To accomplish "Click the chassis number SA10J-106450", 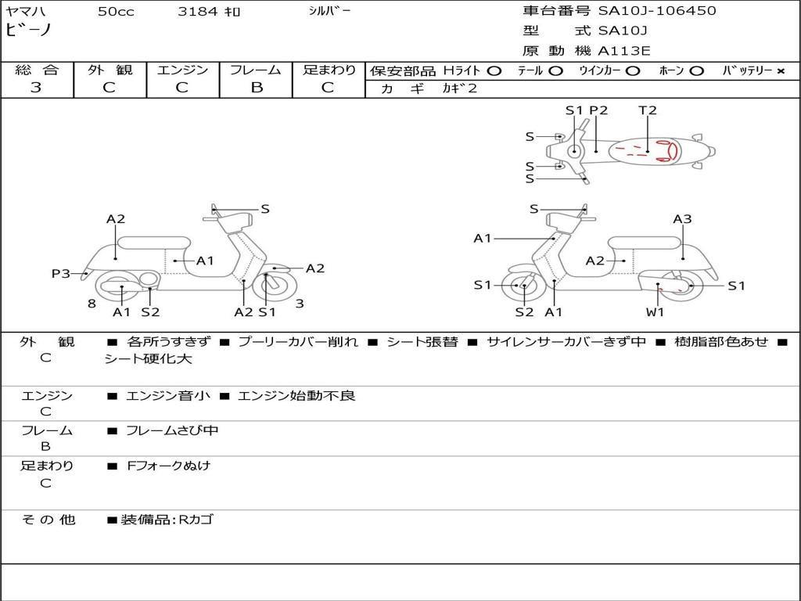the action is (x=657, y=11).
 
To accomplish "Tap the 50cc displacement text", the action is (x=116, y=12).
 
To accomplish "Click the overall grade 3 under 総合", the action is (x=36, y=88).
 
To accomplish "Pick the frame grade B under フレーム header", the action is (x=256, y=88).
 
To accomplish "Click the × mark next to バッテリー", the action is (x=780, y=71).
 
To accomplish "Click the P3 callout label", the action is (x=60, y=273).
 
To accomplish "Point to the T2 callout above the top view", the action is (x=648, y=110).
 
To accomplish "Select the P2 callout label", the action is (x=598, y=110).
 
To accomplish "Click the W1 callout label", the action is (x=655, y=312).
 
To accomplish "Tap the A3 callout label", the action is (x=682, y=219).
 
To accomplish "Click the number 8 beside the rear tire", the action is (x=92, y=303).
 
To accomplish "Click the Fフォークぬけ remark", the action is (x=168, y=466).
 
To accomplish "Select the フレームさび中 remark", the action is (x=172, y=430).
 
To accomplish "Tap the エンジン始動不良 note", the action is (x=296, y=396).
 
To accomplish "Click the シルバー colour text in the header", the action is (x=329, y=11).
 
